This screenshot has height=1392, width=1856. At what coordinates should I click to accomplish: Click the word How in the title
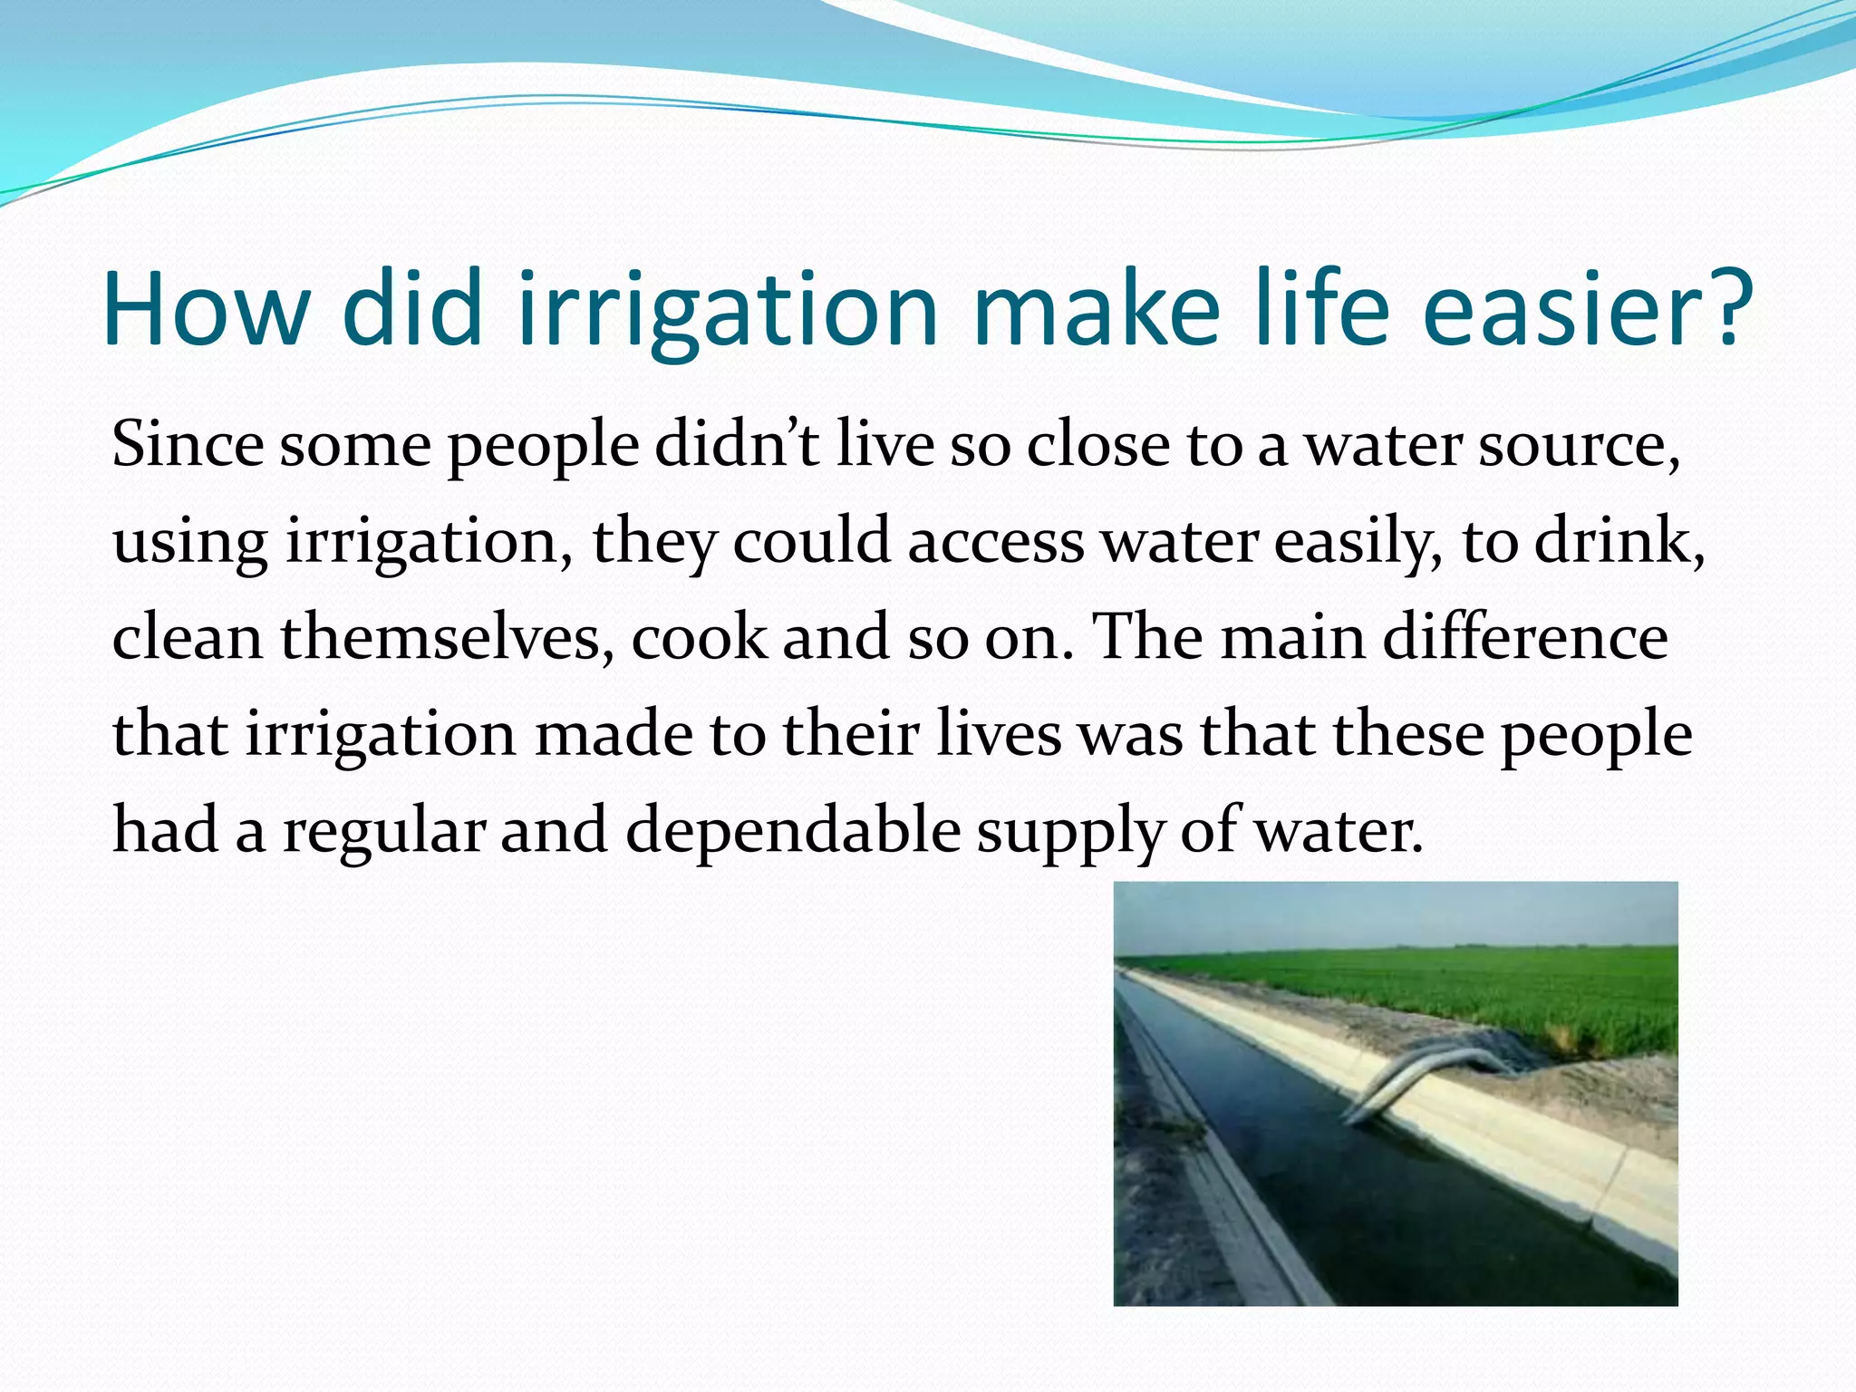click(x=206, y=309)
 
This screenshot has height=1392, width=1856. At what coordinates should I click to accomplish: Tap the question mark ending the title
click(x=1721, y=309)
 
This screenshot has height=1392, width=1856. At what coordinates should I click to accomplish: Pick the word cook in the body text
click(x=699, y=638)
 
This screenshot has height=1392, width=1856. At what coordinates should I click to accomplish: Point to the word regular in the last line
click(x=384, y=831)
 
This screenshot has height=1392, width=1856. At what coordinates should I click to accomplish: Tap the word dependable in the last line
click(x=793, y=831)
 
